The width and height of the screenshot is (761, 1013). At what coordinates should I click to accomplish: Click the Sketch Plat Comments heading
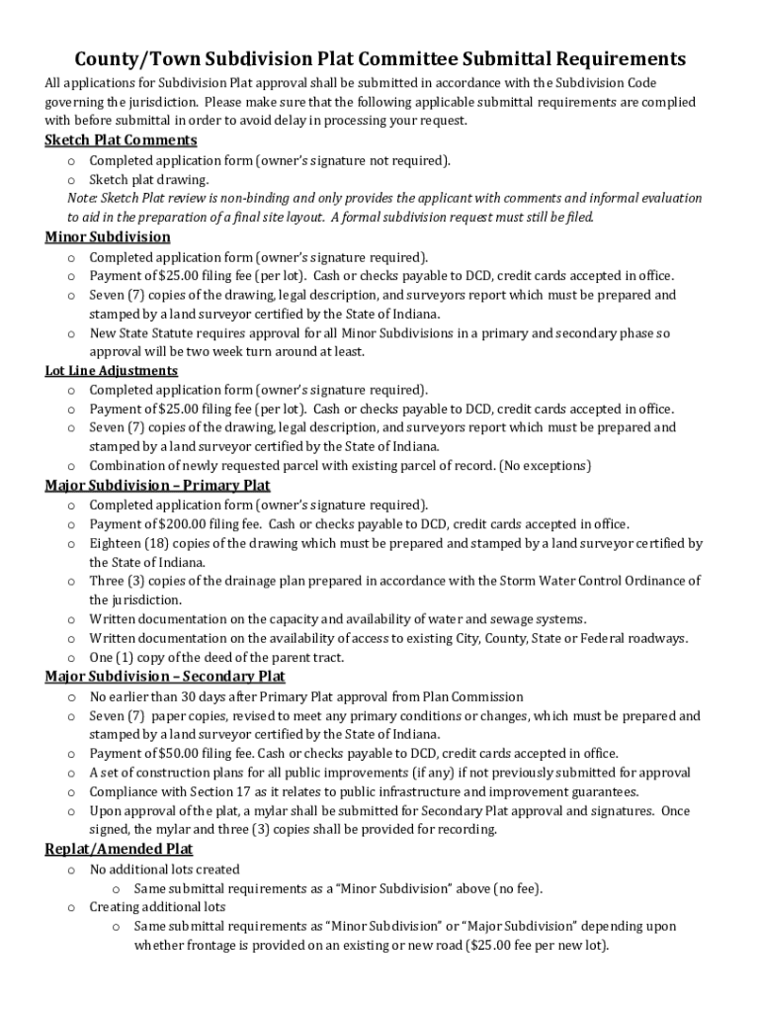(x=121, y=139)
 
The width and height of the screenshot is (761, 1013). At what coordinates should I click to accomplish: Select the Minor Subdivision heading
(x=108, y=236)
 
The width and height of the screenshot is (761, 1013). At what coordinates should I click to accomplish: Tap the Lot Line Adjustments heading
(x=112, y=370)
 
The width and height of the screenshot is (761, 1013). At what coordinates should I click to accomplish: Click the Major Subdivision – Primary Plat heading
(x=157, y=485)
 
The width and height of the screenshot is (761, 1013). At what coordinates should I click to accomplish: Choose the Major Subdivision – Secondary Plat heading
(x=165, y=676)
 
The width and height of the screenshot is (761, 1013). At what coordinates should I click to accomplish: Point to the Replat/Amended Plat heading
(x=119, y=849)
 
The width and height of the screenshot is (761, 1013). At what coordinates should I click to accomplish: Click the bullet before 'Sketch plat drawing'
(x=71, y=180)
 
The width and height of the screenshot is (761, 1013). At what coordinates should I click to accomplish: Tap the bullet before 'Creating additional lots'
(x=71, y=907)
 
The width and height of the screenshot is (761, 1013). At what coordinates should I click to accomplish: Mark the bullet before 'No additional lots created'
(x=71, y=870)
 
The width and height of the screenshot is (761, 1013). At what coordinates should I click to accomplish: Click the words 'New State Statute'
(x=143, y=333)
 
